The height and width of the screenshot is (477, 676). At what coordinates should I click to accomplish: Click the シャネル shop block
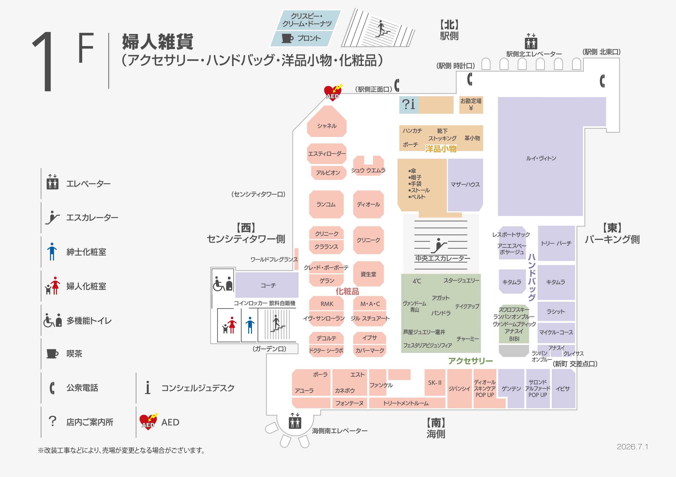326,121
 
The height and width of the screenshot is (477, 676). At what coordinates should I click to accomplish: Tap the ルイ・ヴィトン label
541,158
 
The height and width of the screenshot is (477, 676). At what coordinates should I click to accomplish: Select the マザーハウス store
465,185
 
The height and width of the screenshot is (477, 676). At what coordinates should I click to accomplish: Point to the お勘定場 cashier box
471,105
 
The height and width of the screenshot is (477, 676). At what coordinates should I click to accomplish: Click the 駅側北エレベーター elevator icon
531,41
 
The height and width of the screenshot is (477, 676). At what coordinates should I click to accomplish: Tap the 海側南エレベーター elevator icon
295,421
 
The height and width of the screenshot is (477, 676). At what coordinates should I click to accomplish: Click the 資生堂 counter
368,274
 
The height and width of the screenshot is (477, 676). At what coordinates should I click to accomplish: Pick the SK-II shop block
435,382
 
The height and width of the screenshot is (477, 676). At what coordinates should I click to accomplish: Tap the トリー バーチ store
556,243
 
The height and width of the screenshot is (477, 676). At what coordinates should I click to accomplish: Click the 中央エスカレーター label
442,258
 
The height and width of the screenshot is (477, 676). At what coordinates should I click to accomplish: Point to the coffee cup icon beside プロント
287,38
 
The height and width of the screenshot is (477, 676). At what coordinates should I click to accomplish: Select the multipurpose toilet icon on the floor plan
223,283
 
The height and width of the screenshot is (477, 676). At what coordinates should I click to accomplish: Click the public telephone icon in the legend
52,388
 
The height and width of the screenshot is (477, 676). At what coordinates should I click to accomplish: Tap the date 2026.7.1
632,447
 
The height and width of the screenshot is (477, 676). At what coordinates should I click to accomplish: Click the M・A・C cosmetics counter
370,303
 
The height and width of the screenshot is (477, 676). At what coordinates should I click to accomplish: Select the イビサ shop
563,389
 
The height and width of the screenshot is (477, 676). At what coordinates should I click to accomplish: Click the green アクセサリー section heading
470,361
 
